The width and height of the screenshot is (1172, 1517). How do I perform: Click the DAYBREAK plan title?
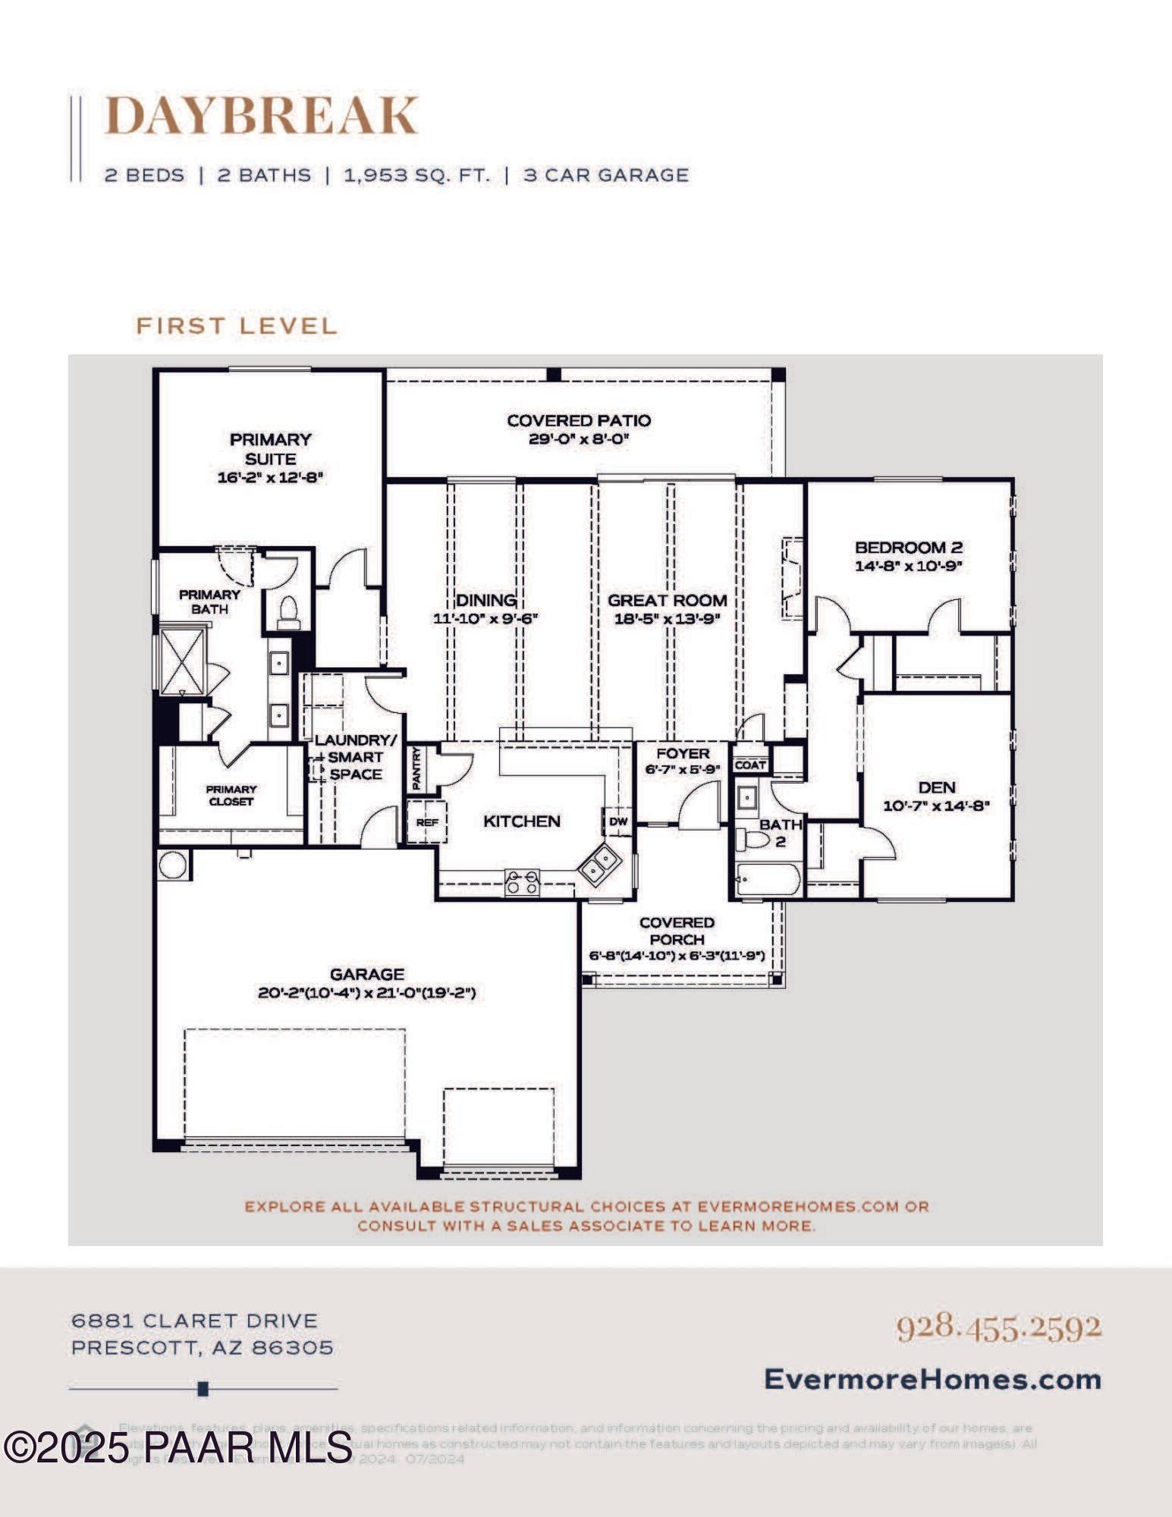click(x=260, y=115)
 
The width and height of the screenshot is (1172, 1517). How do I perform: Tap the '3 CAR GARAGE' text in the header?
click(x=606, y=175)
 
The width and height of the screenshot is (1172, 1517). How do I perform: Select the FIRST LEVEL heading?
click(x=236, y=326)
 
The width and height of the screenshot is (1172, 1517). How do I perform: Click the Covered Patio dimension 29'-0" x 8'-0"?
click(x=579, y=439)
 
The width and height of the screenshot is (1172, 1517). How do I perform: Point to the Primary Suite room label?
click(x=271, y=449)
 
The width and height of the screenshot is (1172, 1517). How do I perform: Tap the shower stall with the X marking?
click(x=182, y=658)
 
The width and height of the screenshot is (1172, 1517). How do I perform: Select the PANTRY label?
click(x=416, y=768)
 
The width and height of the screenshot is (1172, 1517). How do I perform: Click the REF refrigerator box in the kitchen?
click(x=427, y=822)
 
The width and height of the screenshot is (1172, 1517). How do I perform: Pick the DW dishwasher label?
click(x=618, y=821)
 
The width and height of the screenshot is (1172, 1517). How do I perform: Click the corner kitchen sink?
click(x=601, y=862)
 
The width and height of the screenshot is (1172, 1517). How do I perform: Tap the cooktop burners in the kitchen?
click(x=523, y=882)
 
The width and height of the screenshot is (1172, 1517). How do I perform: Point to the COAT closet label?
click(x=750, y=765)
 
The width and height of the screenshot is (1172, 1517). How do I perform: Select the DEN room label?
click(x=937, y=787)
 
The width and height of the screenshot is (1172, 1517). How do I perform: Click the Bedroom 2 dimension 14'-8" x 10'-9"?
click(x=909, y=566)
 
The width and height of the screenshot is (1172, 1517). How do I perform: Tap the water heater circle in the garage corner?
click(x=173, y=865)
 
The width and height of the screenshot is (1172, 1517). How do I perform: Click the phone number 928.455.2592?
click(x=998, y=1327)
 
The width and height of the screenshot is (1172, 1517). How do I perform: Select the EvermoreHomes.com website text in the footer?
click(x=932, y=1378)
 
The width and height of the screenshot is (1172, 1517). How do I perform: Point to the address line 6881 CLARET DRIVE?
click(x=194, y=1321)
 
